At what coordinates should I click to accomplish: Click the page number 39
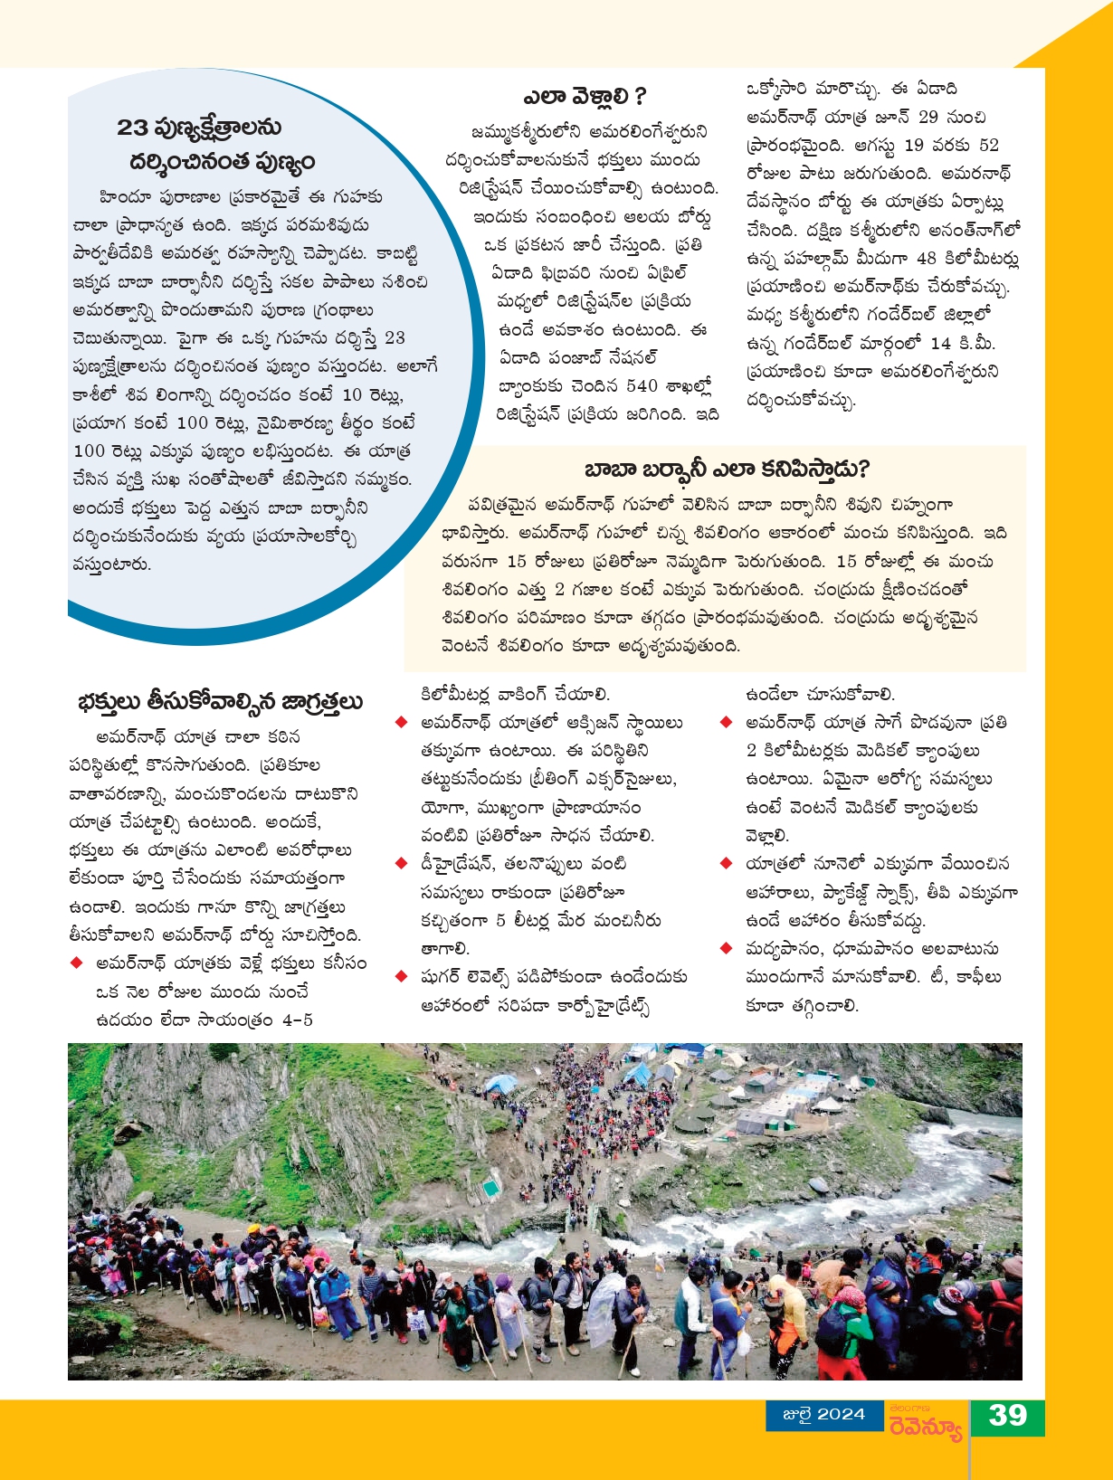click(x=1007, y=1415)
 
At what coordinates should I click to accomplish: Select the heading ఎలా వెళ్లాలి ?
click(x=585, y=96)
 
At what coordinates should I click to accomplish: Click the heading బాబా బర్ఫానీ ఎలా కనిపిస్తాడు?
click(x=727, y=469)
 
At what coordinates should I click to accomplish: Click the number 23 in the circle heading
click(x=132, y=128)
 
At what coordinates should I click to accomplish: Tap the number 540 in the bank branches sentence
click(x=642, y=385)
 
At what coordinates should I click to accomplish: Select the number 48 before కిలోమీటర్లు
click(x=926, y=258)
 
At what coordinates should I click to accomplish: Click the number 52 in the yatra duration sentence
click(x=988, y=145)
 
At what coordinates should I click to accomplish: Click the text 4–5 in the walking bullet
click(x=298, y=1020)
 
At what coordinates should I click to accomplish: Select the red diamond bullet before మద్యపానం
click(x=725, y=948)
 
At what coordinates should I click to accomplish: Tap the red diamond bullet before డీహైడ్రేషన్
click(x=401, y=863)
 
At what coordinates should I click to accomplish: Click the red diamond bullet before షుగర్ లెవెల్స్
click(x=401, y=976)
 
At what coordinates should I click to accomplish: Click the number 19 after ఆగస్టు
click(x=914, y=145)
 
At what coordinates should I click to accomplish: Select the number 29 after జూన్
click(x=928, y=117)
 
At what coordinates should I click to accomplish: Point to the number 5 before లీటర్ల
click(x=500, y=920)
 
